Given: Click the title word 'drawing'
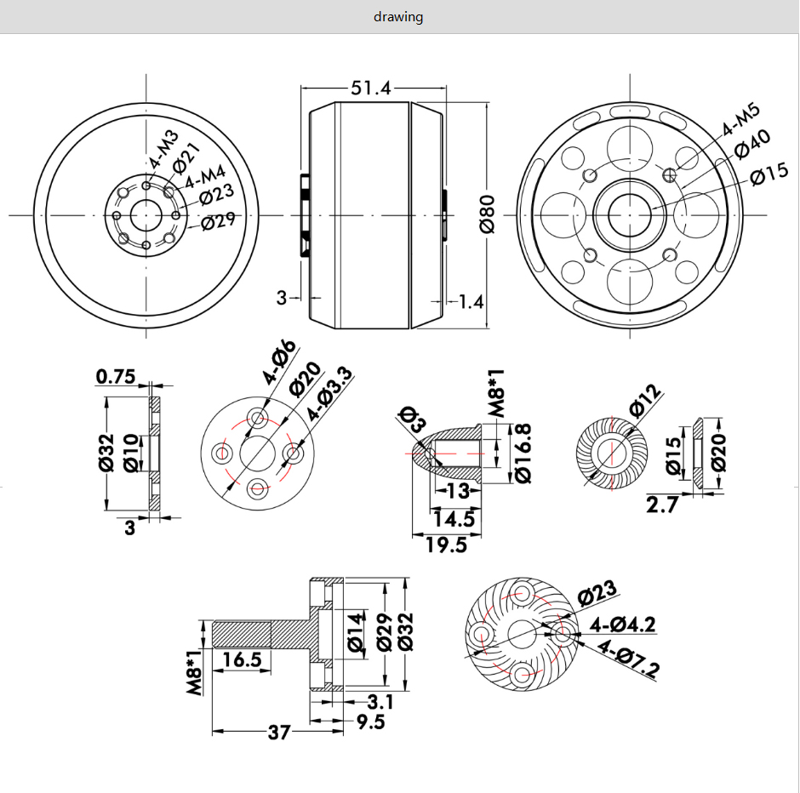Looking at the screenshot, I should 398,17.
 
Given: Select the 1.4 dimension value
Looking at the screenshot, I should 471,300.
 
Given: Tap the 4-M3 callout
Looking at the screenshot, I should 163,150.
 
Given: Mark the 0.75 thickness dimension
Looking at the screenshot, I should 116,376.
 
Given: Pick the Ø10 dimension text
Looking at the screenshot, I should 130,453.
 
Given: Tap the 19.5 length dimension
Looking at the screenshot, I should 447,545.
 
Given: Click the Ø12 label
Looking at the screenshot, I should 646,401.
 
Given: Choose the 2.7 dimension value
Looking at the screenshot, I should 662,505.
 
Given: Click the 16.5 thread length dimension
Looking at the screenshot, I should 242,659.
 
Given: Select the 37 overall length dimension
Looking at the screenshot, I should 279,732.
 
